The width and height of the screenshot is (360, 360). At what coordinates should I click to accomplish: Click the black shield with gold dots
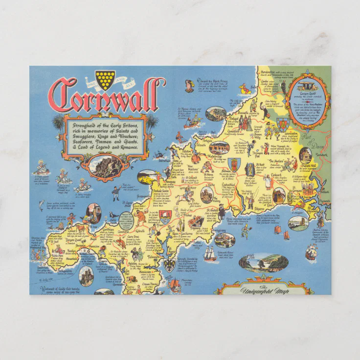[105, 79]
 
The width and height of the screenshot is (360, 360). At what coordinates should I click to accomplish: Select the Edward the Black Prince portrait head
[189, 87]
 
